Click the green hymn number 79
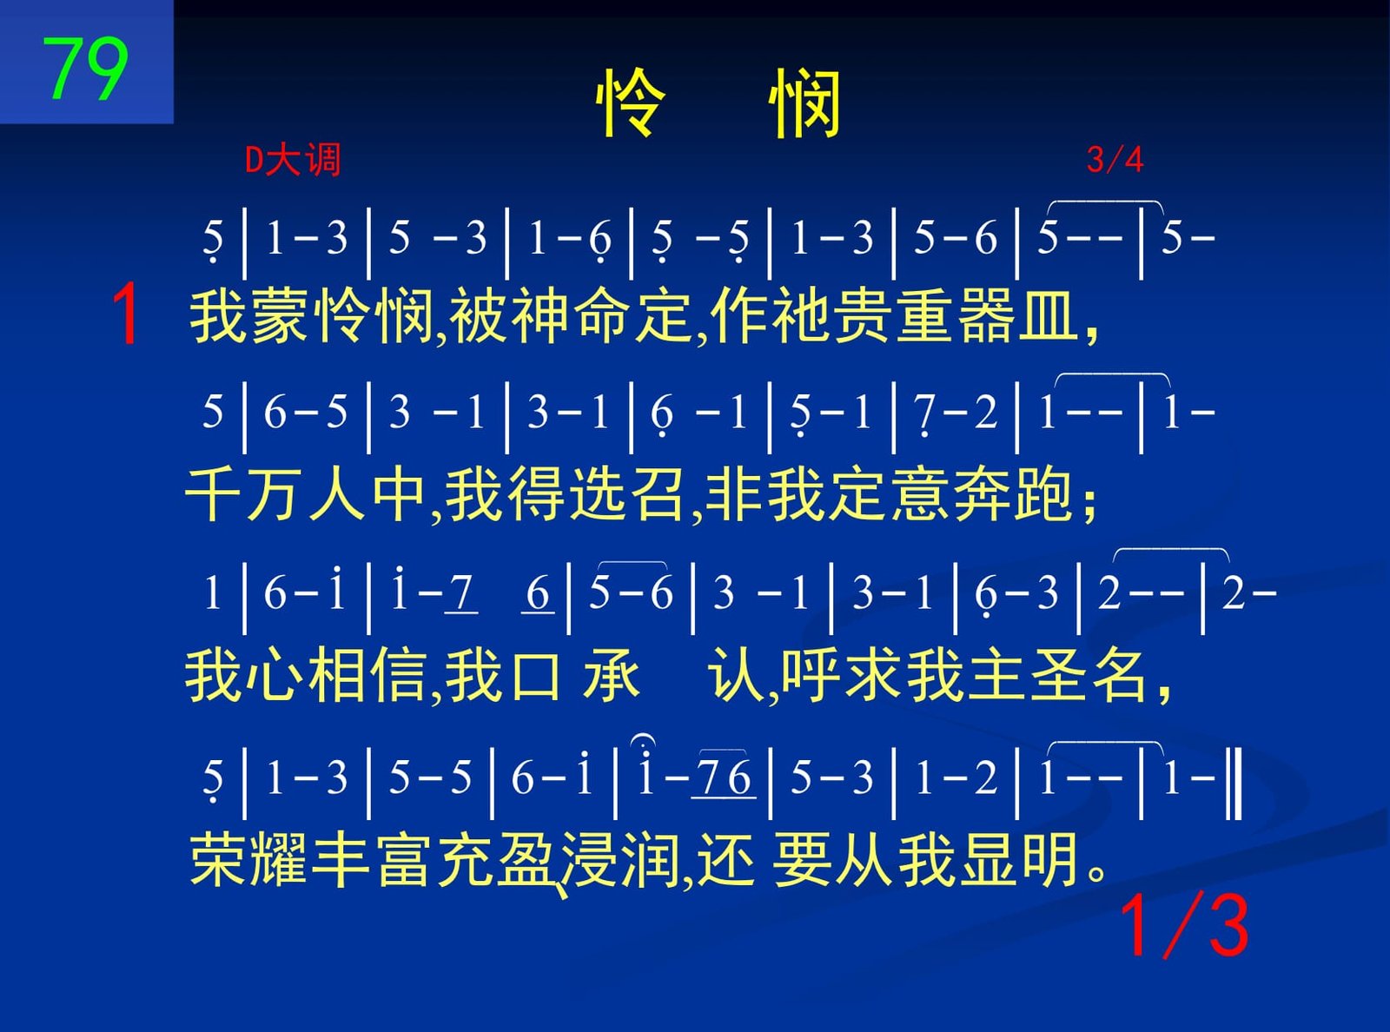85,68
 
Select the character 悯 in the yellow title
804,103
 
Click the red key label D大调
293,160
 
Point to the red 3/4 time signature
1115,160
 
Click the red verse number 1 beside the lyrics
126,314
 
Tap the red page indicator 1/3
1184,925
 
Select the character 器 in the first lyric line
986,315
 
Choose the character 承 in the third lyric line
611,676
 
